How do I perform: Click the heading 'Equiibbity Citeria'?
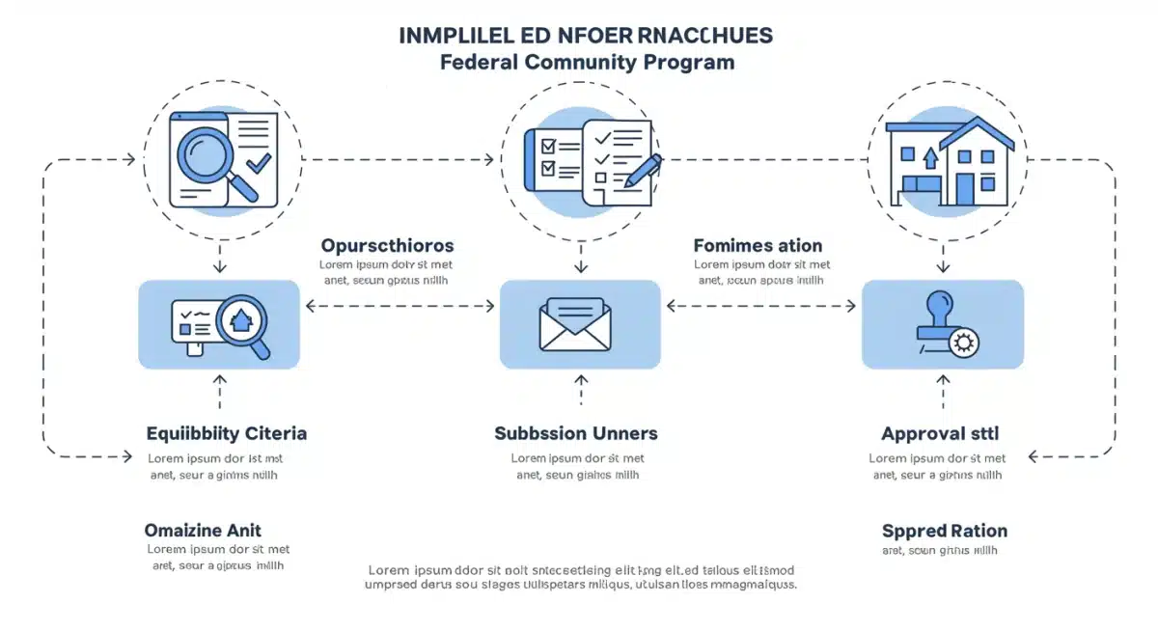227,433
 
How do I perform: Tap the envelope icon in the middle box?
577,324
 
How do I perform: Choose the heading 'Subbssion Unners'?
576,433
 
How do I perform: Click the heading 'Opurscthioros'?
387,245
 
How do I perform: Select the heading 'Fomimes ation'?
758,245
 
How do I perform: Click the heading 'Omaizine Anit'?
203,530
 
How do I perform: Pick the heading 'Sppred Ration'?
944,531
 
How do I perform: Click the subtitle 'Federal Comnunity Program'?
587,63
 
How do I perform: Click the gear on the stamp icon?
962,342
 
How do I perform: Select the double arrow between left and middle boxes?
400,306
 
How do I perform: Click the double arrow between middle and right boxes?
760,306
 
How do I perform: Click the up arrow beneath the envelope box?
580,390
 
